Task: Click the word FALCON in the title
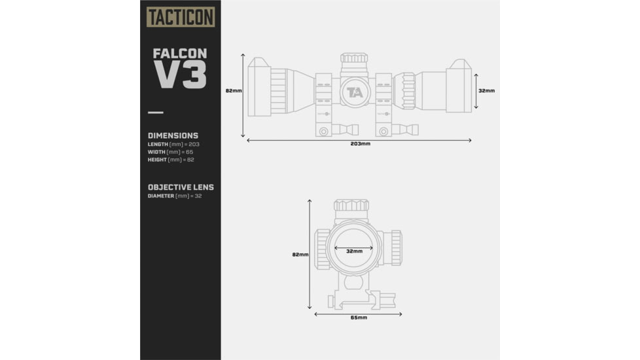(x=179, y=53)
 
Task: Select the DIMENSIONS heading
(x=173, y=135)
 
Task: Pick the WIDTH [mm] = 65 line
(x=169, y=152)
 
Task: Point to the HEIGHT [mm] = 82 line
(x=171, y=160)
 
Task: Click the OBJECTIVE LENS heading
(x=181, y=187)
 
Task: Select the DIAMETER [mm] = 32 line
(x=174, y=196)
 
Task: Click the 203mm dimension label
(x=360, y=143)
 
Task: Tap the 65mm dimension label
(x=358, y=317)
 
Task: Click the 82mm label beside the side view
(x=234, y=91)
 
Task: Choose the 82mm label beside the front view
(x=300, y=255)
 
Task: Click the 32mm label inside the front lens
(x=354, y=251)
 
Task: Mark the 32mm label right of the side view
(x=486, y=91)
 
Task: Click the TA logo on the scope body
(x=355, y=92)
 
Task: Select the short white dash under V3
(x=155, y=113)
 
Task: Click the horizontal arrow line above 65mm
(x=358, y=314)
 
